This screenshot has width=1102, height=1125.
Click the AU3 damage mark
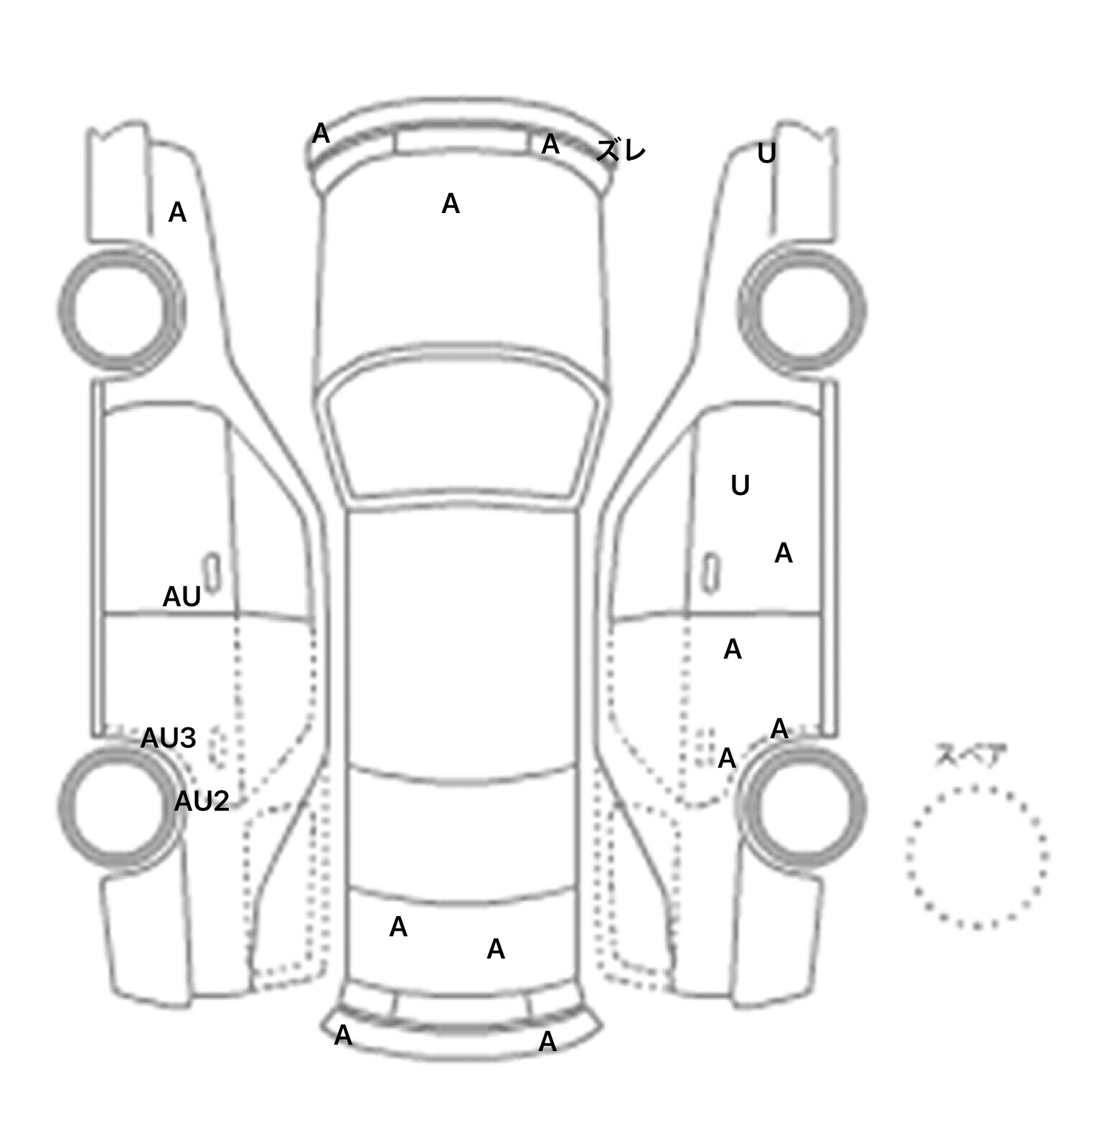tap(168, 738)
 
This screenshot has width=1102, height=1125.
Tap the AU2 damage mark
tap(202, 801)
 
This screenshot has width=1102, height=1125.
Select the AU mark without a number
tap(182, 597)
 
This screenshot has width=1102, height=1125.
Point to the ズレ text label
tap(621, 151)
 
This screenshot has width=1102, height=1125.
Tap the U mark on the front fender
tap(767, 154)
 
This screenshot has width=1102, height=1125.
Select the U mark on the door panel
tap(740, 486)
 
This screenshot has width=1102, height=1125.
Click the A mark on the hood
tap(451, 204)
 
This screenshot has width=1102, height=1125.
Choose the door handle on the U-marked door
tap(710, 573)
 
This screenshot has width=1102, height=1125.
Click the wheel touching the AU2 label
tap(121, 804)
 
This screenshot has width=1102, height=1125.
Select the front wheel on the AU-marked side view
tap(121, 310)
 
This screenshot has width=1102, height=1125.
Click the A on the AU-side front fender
tap(177, 212)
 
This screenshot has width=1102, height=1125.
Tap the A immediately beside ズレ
tap(550, 144)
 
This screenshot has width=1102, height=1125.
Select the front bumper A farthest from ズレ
tap(321, 133)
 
